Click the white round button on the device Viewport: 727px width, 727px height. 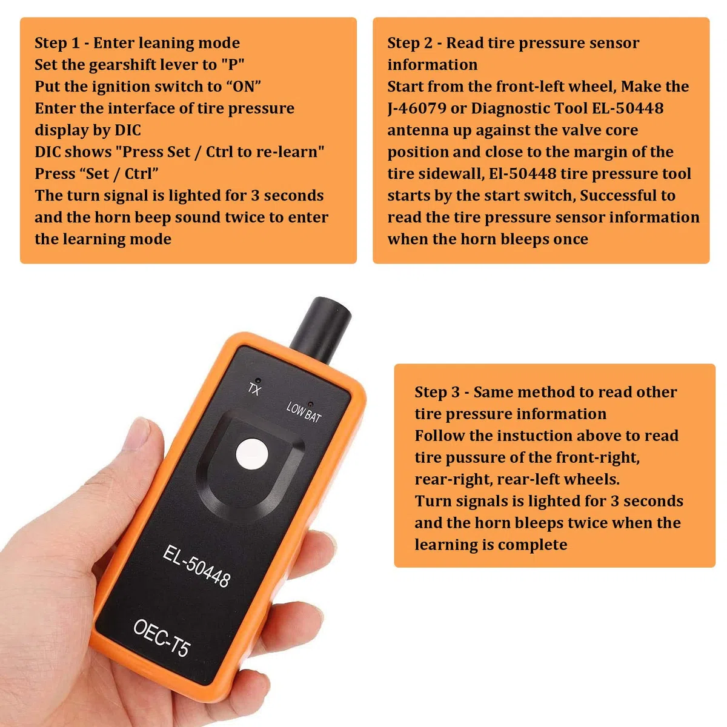pyautogui.click(x=251, y=454)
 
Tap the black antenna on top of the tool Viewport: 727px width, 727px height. pyautogui.click(x=320, y=330)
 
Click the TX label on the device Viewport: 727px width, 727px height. pyautogui.click(x=254, y=390)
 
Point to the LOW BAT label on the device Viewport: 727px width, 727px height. pyautogui.click(x=304, y=413)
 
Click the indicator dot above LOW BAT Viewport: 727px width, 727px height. pyautogui.click(x=311, y=405)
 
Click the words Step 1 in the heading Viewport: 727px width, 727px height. pyautogui.click(x=58, y=44)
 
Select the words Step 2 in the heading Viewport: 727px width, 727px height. pyautogui.click(x=410, y=44)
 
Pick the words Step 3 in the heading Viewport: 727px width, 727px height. pyautogui.click(x=437, y=393)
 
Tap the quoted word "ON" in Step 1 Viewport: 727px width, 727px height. pyautogui.click(x=244, y=87)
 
